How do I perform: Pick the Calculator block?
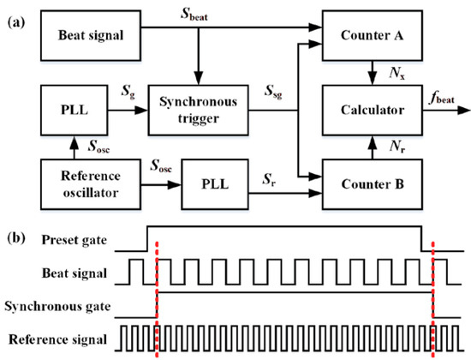click(368, 110)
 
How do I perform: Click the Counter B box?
click(368, 183)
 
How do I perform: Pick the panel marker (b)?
click(15, 234)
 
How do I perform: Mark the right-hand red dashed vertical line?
click(434, 296)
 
